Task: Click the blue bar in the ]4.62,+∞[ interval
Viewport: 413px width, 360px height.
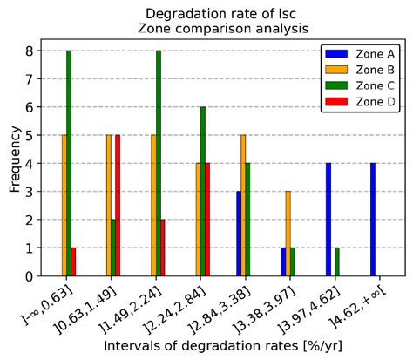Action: point(373,220)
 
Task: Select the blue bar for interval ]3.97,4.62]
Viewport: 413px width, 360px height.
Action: point(328,220)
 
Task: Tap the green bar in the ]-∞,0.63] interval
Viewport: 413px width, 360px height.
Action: point(69,163)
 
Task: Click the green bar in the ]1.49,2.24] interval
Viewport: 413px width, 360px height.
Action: point(158,163)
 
